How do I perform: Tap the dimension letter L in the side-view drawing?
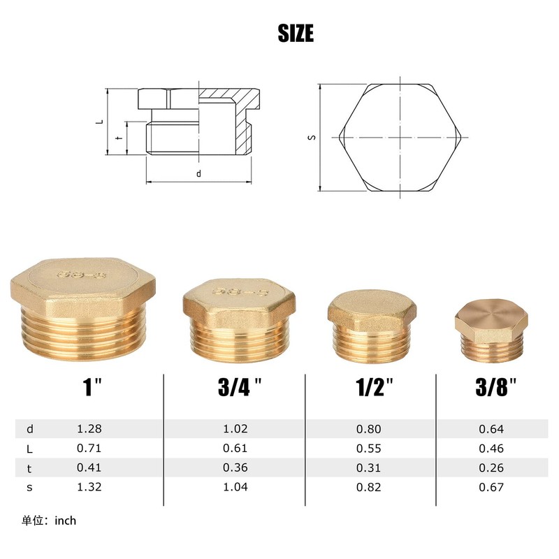(x=101, y=122)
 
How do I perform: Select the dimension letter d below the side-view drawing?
(x=198, y=173)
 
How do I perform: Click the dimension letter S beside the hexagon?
(x=312, y=137)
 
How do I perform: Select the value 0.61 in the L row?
(x=236, y=449)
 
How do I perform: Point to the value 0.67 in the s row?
(x=491, y=487)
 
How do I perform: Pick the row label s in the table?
(x=29, y=487)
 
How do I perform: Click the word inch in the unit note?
(x=64, y=521)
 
